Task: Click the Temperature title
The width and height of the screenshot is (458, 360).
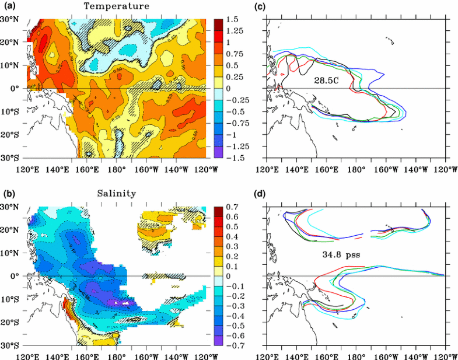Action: [116, 6]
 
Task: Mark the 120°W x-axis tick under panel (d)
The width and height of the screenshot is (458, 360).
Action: [445, 356]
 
